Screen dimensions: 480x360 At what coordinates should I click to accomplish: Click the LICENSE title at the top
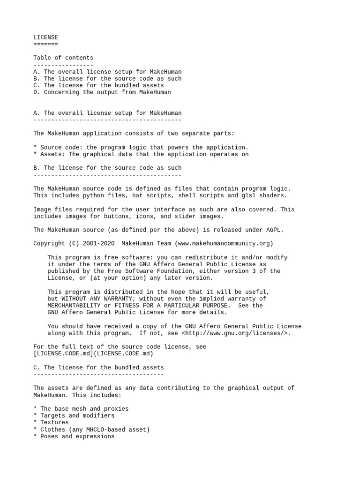pyautogui.click(x=46, y=37)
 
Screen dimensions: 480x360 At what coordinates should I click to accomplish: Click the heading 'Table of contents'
pyautogui.click(x=63, y=58)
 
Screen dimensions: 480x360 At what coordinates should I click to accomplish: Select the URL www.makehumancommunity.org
pyautogui.click(x=224, y=243)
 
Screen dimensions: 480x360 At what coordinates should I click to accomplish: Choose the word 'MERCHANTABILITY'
pyautogui.click(x=75, y=306)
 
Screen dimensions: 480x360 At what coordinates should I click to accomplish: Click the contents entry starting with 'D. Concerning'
pyautogui.click(x=102, y=92)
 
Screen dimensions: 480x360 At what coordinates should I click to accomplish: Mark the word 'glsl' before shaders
pyautogui.click(x=250, y=195)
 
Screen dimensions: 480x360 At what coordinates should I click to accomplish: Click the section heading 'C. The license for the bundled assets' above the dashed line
pyautogui.click(x=98, y=367)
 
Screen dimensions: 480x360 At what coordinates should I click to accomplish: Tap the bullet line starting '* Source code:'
pyautogui.click(x=141, y=147)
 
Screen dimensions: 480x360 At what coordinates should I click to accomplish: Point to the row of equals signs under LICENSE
pyautogui.click(x=46, y=44)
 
